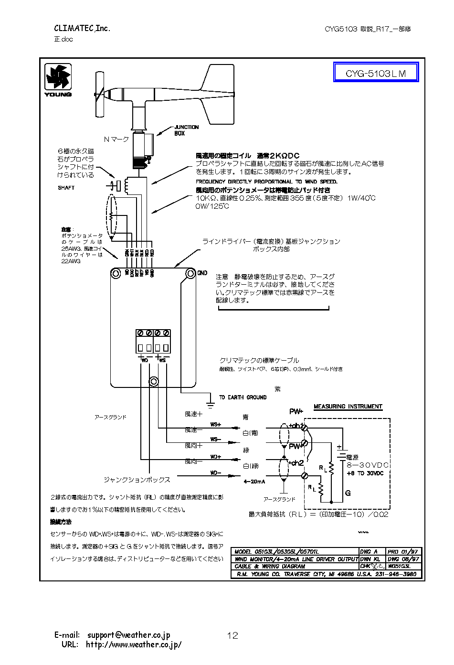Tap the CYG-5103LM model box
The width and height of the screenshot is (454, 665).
(375, 74)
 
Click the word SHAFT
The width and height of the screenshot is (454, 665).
(66, 188)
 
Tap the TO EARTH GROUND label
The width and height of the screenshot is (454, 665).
(243, 397)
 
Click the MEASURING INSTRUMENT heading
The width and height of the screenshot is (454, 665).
(348, 407)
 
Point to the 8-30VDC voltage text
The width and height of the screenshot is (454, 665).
(368, 465)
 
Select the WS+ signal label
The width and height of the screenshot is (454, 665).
(216, 424)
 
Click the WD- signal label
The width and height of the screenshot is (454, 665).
(216, 473)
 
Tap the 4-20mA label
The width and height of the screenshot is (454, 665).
(254, 482)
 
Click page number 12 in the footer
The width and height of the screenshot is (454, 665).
(232, 635)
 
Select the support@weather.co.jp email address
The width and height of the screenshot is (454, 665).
(128, 635)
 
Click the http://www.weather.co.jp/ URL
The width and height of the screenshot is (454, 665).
(134, 644)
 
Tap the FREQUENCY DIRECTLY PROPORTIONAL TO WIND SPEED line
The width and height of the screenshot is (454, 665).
(266, 182)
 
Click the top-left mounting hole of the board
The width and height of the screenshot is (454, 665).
(116, 273)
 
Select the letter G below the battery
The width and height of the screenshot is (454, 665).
(348, 493)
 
